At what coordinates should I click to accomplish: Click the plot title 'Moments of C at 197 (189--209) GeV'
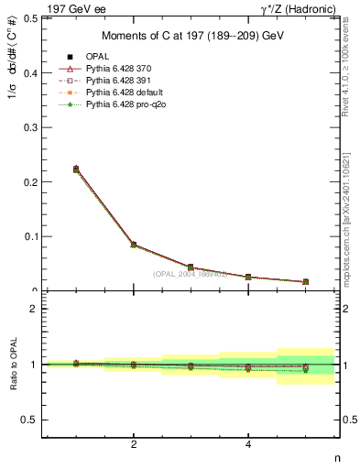[191, 36]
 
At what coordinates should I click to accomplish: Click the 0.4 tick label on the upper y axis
[31, 72]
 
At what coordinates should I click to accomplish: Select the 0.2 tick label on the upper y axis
[31, 181]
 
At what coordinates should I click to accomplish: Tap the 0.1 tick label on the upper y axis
[31, 236]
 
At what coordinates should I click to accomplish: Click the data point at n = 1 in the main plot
[76, 169]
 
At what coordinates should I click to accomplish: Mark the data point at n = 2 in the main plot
[134, 245]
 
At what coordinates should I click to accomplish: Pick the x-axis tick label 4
[248, 444]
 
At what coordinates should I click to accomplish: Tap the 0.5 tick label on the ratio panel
[29, 420]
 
